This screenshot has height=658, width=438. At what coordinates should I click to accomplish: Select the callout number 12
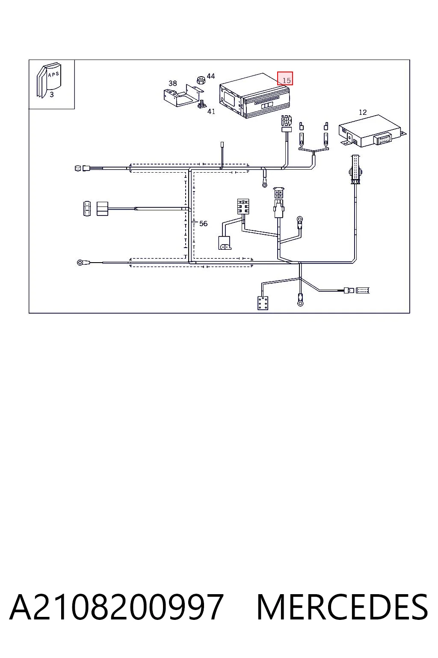coord(363,112)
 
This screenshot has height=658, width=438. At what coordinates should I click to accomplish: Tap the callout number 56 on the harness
coord(203,224)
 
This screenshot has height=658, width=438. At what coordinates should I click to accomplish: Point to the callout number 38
coord(172,84)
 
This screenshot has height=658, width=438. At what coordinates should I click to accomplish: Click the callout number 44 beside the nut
coord(210,76)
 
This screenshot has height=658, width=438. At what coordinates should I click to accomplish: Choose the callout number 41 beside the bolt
coord(211,112)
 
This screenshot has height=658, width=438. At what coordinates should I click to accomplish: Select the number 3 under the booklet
coord(52,95)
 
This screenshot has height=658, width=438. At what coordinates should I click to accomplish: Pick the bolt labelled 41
coord(201,104)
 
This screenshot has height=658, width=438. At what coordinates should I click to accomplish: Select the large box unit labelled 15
coord(255,96)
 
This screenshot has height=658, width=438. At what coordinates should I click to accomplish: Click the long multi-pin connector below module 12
coord(355,170)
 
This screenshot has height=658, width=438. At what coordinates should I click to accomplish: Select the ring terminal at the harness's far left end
coord(80,262)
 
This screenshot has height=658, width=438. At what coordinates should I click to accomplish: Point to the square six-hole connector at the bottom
coord(263,303)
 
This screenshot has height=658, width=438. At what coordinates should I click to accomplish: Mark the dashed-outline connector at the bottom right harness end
coord(363,291)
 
